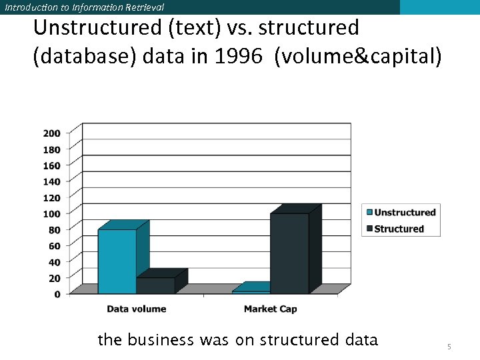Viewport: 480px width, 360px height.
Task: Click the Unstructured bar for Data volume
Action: [117, 261]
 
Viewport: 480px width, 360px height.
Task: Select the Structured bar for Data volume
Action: [155, 285]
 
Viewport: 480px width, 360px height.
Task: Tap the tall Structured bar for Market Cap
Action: [289, 253]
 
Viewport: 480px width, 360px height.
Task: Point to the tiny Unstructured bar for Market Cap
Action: [251, 291]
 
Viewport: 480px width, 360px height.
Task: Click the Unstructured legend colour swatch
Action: [368, 213]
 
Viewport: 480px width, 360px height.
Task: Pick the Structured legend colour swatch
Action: [368, 229]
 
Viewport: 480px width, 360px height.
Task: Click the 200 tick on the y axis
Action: [52, 133]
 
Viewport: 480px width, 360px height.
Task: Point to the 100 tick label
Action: [52, 213]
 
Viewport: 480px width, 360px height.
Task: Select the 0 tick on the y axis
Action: [57, 294]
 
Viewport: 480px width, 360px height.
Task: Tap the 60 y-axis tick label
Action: [54, 245]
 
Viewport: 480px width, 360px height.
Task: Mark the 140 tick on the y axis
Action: [52, 181]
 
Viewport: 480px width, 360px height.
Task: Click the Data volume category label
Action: [137, 309]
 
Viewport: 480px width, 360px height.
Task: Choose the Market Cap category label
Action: [270, 309]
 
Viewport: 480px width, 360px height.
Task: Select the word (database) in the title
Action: [84, 57]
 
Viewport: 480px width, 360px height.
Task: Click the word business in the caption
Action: [160, 340]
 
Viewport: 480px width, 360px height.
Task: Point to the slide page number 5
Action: [449, 347]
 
